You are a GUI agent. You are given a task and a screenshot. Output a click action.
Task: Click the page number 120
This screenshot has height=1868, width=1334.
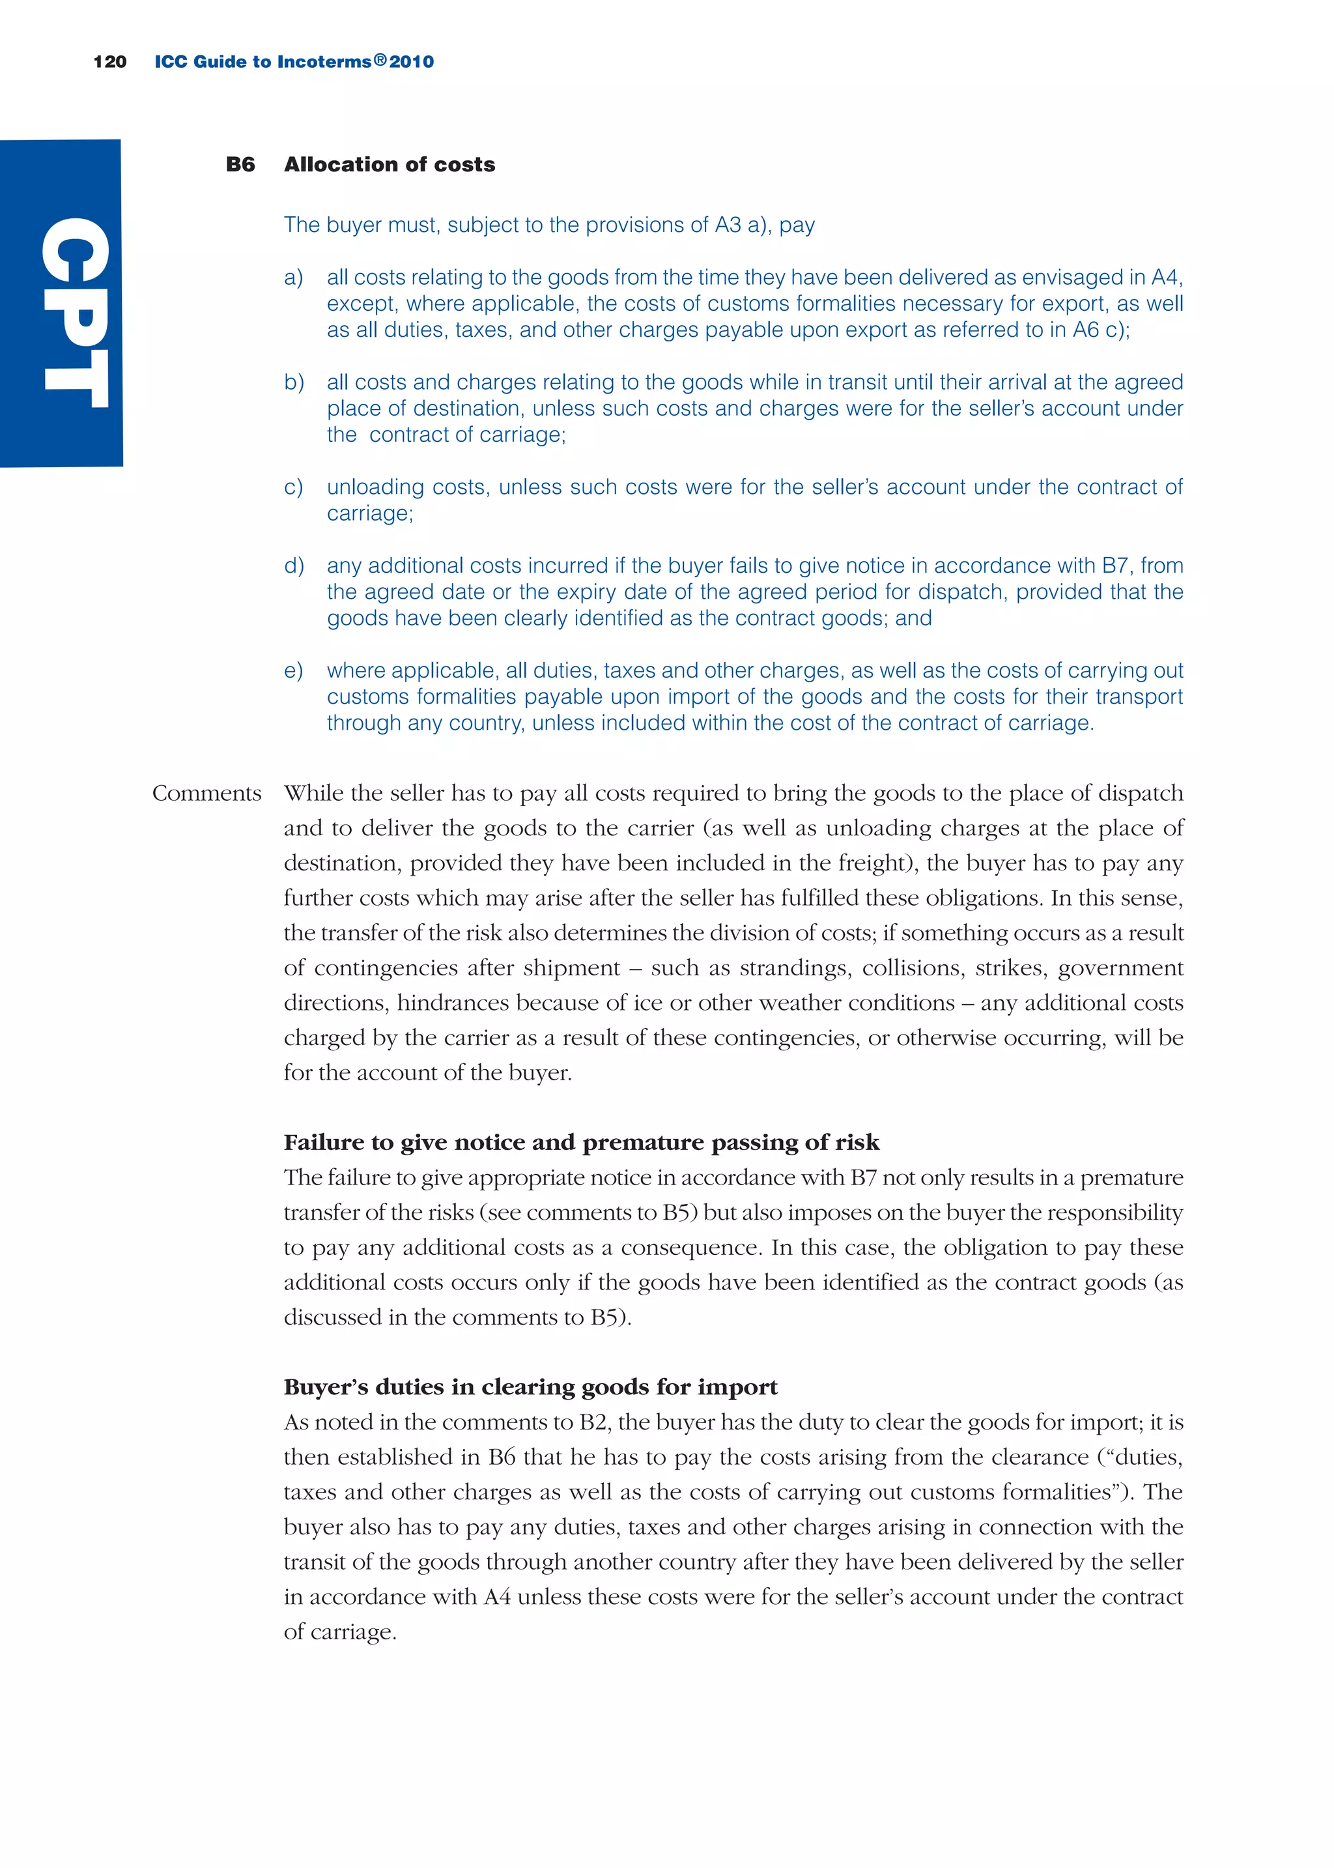[110, 62]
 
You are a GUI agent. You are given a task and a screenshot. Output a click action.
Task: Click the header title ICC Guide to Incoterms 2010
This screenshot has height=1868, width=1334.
[294, 62]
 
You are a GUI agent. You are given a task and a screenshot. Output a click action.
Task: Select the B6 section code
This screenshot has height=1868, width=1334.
[240, 164]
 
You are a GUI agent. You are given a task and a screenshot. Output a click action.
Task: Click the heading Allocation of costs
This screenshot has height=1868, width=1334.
[390, 164]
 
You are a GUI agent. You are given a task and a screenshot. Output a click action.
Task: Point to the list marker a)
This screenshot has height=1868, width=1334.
[293, 278]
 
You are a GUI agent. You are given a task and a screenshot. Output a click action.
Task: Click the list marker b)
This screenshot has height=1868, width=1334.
[293, 383]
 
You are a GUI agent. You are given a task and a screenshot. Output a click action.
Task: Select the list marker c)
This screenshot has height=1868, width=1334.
[293, 487]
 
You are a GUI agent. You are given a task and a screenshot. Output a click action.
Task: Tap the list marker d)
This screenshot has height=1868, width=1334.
[293, 566]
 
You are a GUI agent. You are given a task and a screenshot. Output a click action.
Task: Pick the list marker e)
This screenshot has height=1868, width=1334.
[293, 671]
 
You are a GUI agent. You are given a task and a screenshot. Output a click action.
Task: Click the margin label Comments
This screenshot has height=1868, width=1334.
[206, 794]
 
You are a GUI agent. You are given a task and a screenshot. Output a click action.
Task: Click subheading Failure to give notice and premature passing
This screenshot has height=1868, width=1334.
[581, 1143]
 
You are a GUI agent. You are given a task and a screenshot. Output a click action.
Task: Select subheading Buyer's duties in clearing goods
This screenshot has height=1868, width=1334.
[530, 1387]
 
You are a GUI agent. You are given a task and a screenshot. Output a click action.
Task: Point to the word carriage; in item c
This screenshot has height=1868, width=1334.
[369, 514]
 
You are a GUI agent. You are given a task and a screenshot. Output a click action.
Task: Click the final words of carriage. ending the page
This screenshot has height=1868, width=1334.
[339, 1632]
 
